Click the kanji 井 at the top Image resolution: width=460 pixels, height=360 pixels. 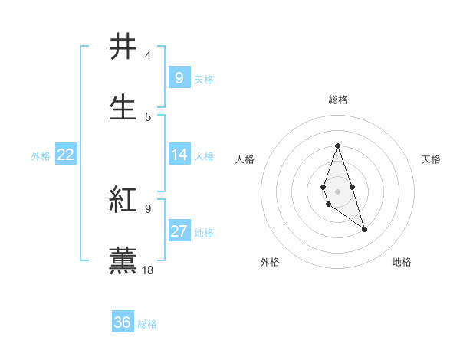pos(123,47)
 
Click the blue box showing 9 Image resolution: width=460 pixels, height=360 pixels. pos(179,77)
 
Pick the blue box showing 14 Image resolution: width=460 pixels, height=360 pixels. pos(179,155)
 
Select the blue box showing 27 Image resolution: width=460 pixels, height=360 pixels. pos(179,231)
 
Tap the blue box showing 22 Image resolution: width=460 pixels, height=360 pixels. pos(66,155)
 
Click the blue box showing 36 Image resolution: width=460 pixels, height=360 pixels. pos(123,322)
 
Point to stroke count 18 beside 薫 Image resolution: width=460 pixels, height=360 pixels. pos(149,270)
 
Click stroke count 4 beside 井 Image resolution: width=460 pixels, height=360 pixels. pos(148,56)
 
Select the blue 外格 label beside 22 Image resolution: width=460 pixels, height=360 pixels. pos(41,155)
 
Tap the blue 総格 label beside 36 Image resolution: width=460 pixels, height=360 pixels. pos(147,324)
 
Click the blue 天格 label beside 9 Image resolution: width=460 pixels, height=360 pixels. pos(204,79)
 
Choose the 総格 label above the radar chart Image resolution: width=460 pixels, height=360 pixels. pos(338,100)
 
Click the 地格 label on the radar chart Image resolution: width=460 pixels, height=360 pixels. pos(402,262)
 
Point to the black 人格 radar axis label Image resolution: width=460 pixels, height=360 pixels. pos(245,159)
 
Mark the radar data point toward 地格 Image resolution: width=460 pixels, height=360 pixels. pos(364,229)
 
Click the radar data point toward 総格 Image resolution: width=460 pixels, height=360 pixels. pos(337,146)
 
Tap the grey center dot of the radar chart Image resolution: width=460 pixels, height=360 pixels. pos(337,191)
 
